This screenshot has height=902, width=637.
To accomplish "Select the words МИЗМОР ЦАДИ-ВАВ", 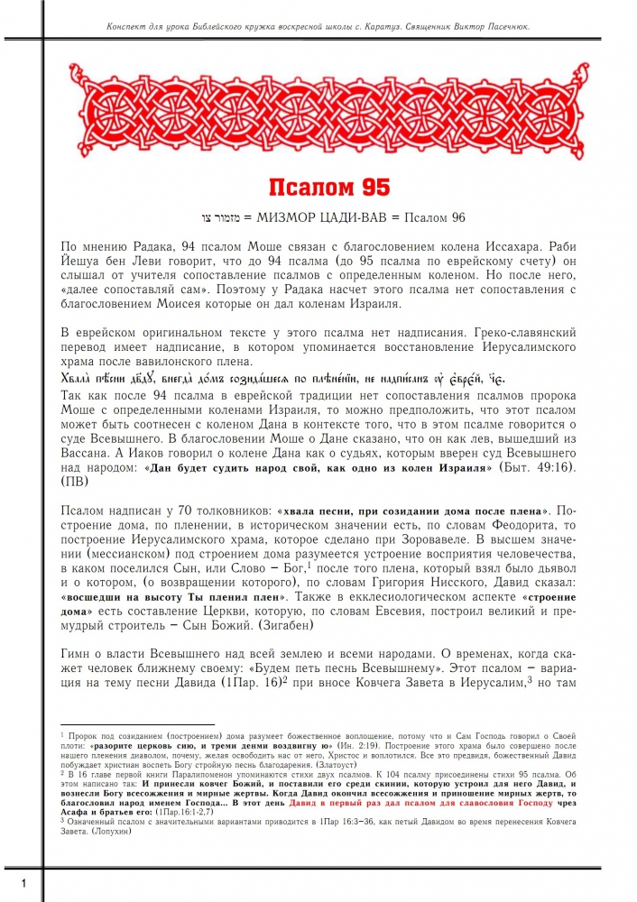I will click(319, 218).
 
